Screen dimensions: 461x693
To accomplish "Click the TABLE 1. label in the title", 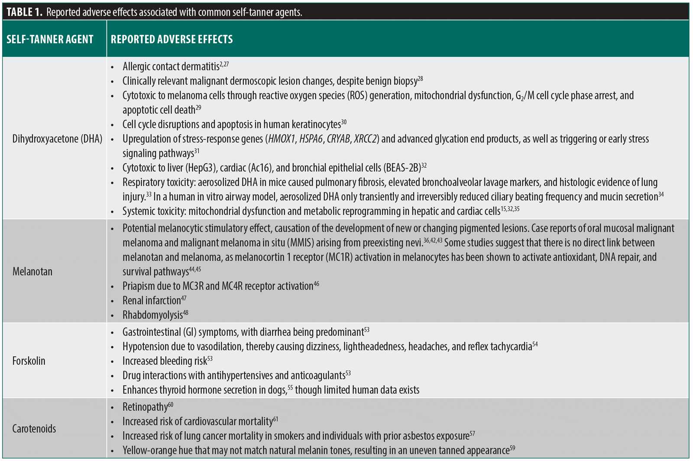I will click(x=24, y=12).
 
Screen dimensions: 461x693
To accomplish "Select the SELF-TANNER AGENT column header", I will click(x=50, y=39).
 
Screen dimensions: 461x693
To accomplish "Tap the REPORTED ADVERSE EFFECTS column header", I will click(x=172, y=39).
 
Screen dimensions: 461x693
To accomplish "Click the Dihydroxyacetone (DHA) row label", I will click(x=57, y=139).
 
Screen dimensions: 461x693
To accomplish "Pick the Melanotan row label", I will click(x=32, y=272).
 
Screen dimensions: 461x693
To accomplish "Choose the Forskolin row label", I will click(x=29, y=361).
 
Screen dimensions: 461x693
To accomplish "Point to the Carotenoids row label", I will click(x=34, y=429).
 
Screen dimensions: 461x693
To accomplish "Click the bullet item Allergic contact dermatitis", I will click(x=171, y=67).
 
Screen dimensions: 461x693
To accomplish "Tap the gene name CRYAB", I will click(x=338, y=139).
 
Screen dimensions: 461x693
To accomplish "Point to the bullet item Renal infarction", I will click(x=151, y=301).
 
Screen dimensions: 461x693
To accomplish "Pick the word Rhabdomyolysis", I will click(x=152, y=315).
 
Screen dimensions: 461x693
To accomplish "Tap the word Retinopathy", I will click(x=145, y=407).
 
